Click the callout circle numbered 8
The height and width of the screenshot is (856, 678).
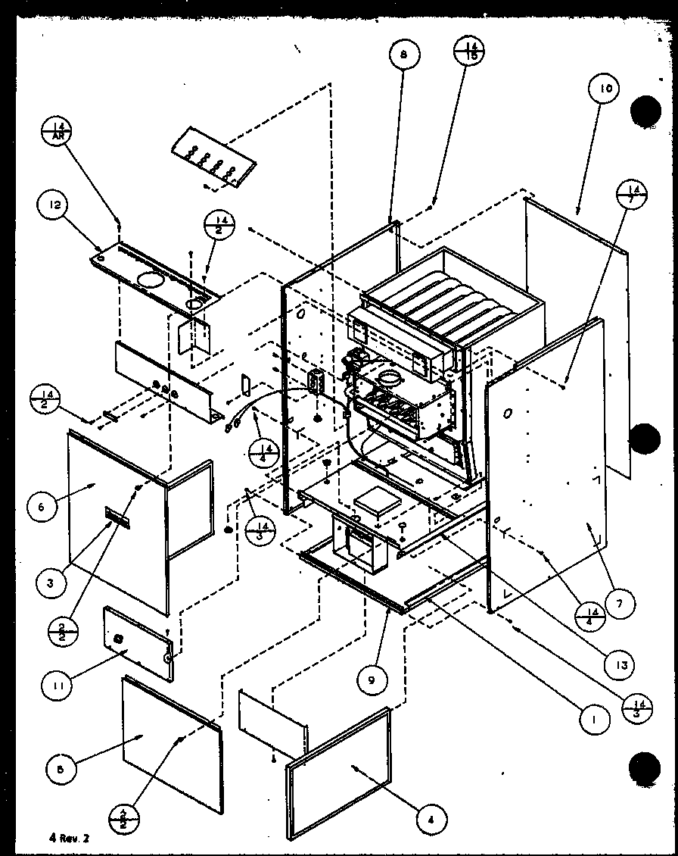pyautogui.click(x=403, y=54)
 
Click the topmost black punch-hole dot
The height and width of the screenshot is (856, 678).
pyautogui.click(x=645, y=111)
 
